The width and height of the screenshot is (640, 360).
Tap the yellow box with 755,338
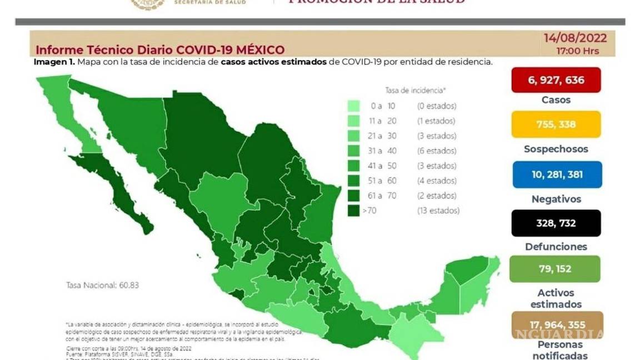click(x=556, y=124)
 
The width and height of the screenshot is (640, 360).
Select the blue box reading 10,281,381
click(x=557, y=174)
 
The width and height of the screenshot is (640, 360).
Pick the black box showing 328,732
click(x=556, y=223)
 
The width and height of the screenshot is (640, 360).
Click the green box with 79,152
click(x=554, y=269)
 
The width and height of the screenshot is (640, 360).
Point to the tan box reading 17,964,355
click(x=556, y=325)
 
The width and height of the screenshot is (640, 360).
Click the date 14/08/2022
click(x=575, y=38)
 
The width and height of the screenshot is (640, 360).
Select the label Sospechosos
click(x=556, y=149)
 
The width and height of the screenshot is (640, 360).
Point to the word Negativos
click(x=556, y=199)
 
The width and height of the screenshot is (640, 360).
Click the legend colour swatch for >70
click(x=353, y=211)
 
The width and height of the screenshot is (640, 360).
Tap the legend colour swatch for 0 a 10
click(x=353, y=106)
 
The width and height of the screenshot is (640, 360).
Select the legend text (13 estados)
click(x=438, y=211)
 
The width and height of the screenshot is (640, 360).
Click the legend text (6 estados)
click(x=437, y=151)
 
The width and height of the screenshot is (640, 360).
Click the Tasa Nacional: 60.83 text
click(x=102, y=285)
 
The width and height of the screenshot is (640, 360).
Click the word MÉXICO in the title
click(x=257, y=50)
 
